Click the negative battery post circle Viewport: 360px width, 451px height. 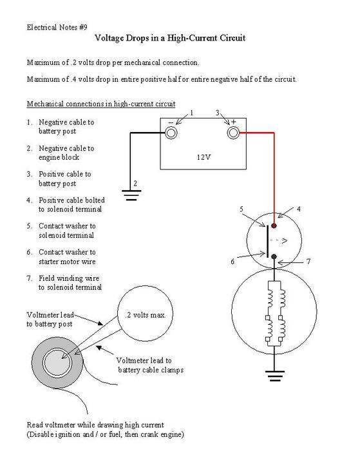[x=171, y=133]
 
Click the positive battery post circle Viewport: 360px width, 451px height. [x=233, y=133]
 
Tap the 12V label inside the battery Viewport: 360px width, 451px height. [x=204, y=157]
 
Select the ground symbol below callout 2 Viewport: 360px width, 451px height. [x=131, y=195]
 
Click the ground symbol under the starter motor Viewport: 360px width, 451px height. [x=275, y=376]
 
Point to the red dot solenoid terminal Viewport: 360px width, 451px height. [x=274, y=225]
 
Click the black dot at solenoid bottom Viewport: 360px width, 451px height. [x=274, y=256]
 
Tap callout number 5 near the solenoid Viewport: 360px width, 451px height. [x=242, y=209]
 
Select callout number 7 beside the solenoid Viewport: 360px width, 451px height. [x=308, y=261]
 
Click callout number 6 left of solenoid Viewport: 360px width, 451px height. [x=232, y=261]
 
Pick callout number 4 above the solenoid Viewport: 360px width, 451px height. [x=298, y=209]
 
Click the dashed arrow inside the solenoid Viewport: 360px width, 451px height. [x=279, y=240]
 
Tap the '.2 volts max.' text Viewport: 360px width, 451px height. [x=145, y=315]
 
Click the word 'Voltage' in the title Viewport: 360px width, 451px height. [x=109, y=38]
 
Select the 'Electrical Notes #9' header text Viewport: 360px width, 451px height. [x=57, y=27]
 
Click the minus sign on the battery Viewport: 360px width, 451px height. [x=171, y=123]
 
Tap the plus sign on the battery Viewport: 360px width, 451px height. [x=234, y=122]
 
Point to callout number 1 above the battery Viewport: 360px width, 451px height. [x=191, y=113]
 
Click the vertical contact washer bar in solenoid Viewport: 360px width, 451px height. [x=267, y=241]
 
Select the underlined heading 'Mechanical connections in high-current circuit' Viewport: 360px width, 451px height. [x=101, y=104]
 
